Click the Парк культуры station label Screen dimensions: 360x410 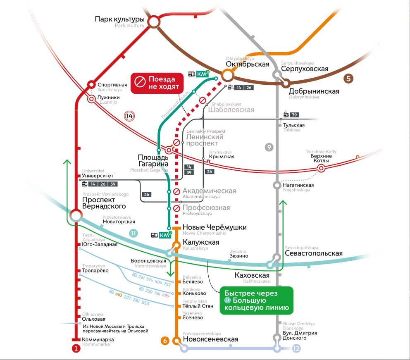pyautogui.click(x=119, y=19)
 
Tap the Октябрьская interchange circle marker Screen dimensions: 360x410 pyautogui.click(x=227, y=75)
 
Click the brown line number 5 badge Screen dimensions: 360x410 pyautogui.click(x=348, y=77)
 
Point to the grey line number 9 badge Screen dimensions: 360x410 pyautogui.click(x=269, y=147)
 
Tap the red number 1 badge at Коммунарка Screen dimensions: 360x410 pyautogui.click(x=76, y=348)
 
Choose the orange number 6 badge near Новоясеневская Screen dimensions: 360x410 pyautogui.click(x=165, y=341)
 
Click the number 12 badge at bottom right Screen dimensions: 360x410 pyautogui.click(x=296, y=348)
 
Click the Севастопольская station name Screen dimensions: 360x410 pyautogui.click(x=314, y=253)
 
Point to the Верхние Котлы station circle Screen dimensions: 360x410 pyautogui.click(x=321, y=168)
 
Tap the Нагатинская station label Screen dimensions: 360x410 pyautogui.click(x=298, y=185)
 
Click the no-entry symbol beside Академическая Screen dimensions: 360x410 pyautogui.click(x=176, y=191)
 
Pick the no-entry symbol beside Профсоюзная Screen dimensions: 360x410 pyautogui.click(x=176, y=208)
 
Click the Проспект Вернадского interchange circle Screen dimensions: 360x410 pyautogui.click(x=76, y=215)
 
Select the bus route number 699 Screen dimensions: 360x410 pyautogui.click(x=166, y=296)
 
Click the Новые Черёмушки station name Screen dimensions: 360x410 pyautogui.click(x=215, y=227)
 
